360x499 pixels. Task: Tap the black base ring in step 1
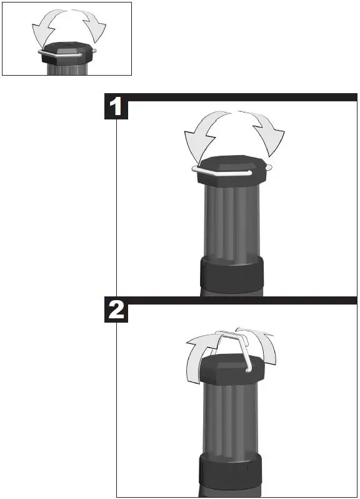(x=231, y=275)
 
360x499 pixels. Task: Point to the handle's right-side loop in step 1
(x=269, y=167)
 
